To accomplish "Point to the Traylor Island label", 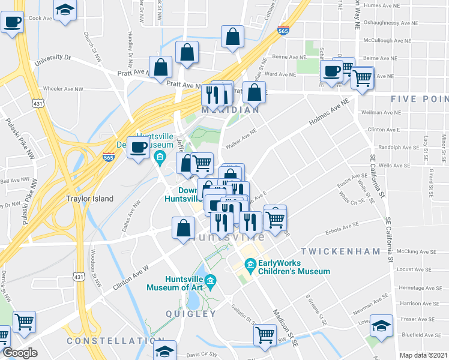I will (x=89, y=199).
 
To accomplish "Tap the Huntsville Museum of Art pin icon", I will (x=210, y=281).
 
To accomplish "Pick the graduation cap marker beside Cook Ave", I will (x=65, y=10).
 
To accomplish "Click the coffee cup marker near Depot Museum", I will (x=138, y=148).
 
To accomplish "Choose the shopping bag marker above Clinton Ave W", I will (x=183, y=228).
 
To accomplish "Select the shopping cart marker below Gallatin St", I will (x=265, y=335).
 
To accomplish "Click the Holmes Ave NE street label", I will (x=328, y=113).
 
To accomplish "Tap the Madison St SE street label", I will (x=285, y=329).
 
